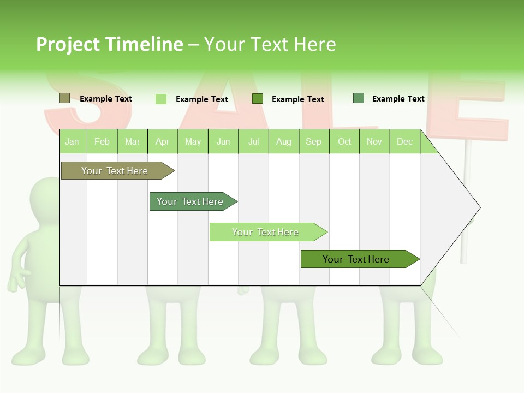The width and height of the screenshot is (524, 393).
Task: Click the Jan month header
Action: pos(72,141)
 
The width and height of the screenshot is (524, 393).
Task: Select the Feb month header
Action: pos(102,141)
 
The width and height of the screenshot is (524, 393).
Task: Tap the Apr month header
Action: pos(163,141)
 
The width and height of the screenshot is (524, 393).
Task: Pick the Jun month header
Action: pos(223,141)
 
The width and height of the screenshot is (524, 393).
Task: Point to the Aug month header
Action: pos(284,141)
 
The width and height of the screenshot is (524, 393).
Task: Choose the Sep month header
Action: pos(314,141)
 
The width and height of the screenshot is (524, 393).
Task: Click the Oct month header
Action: pos(344,141)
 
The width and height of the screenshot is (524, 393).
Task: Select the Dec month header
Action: pos(405,141)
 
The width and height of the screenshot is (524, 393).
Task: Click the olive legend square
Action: pos(64,98)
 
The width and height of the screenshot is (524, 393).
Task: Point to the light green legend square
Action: pos(161,99)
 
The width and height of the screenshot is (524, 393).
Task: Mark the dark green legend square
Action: pos(258,99)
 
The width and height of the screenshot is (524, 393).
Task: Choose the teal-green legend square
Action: pos(359,98)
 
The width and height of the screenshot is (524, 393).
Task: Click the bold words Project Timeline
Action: pos(109,44)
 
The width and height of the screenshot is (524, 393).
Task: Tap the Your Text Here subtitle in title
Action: pos(270,44)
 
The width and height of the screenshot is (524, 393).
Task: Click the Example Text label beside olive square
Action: pos(106,99)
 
